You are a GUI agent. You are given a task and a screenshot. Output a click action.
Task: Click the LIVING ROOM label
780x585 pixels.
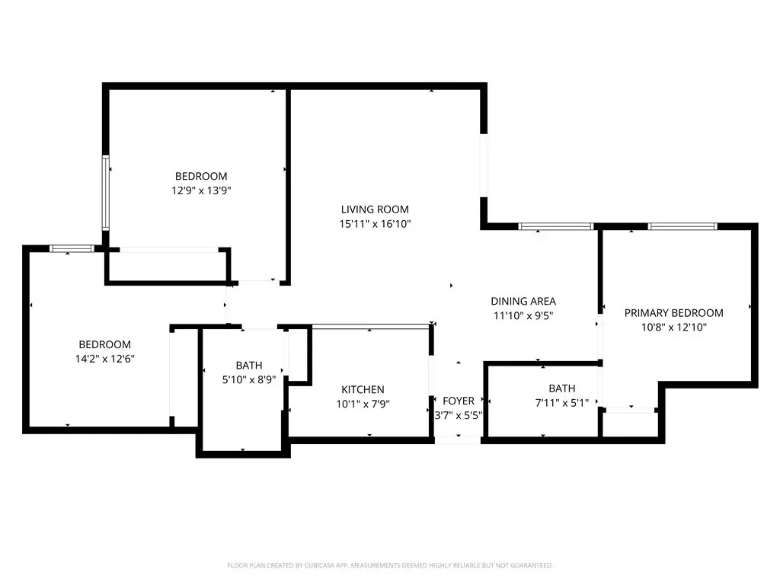375,209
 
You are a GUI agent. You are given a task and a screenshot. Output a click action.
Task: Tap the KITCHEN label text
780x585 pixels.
363,389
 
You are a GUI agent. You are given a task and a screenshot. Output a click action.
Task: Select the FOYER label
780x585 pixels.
458,401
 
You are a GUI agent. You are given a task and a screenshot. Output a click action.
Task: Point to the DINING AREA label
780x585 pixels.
523,301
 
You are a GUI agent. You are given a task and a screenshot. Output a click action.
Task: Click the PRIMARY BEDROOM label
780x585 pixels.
674,313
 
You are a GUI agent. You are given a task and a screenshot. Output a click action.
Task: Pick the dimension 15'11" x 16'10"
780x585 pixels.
375,224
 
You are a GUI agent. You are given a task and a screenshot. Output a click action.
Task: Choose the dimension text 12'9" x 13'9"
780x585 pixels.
201,190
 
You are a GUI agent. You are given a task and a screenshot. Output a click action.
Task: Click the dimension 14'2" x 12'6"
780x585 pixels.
105,359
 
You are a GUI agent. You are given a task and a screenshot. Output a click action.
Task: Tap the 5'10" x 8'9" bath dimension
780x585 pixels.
249,379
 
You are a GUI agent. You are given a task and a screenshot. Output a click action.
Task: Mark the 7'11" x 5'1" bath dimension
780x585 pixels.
562,403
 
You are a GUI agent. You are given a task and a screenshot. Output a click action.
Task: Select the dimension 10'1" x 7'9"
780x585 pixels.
363,404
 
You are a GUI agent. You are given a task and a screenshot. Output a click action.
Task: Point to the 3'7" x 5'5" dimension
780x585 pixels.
458,415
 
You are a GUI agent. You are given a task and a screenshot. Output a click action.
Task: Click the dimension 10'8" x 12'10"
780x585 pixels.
674,328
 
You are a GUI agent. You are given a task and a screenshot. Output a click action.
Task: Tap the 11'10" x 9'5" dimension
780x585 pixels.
523,315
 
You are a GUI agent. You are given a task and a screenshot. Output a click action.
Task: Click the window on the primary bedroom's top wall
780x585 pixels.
682,226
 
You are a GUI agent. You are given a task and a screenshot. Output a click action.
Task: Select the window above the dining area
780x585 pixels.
556,226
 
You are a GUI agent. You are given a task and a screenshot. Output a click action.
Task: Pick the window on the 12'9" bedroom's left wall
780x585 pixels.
105,193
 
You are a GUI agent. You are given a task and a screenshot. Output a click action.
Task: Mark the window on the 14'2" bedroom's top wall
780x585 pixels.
72,249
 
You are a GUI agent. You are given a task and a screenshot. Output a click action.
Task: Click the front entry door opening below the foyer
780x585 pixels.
458,440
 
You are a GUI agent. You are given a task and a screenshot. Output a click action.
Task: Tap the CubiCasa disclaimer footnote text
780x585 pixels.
390,566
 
